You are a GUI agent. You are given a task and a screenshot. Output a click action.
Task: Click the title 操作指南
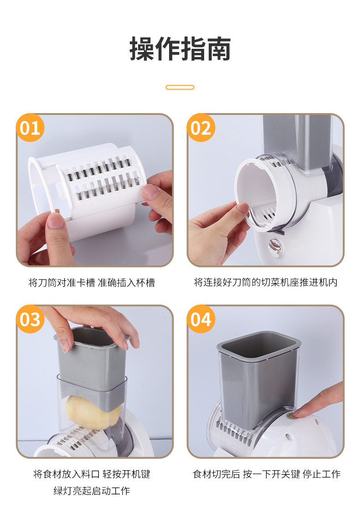tap(180, 49)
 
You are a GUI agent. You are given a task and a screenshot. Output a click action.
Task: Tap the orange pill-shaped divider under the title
tap(180, 88)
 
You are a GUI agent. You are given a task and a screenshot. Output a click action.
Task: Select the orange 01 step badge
tap(30, 128)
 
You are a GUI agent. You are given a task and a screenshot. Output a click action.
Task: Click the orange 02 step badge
tap(201, 128)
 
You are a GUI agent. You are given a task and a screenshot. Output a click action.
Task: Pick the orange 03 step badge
tap(30, 319)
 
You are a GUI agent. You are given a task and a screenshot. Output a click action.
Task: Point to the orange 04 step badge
tap(201, 319)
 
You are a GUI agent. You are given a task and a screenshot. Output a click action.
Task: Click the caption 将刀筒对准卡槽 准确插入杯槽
tap(92, 283)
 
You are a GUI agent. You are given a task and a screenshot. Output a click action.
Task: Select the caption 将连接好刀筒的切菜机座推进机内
tap(266, 282)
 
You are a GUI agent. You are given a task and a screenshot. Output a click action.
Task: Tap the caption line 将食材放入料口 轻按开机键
tap(92, 474)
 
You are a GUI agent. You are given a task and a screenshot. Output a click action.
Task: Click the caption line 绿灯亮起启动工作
tap(92, 491)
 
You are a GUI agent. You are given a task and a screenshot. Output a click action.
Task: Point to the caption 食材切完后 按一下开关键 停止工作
tap(267, 474)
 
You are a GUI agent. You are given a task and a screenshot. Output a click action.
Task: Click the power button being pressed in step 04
tap(291, 417)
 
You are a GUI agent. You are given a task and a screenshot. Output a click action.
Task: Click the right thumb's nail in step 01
tap(150, 192)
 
